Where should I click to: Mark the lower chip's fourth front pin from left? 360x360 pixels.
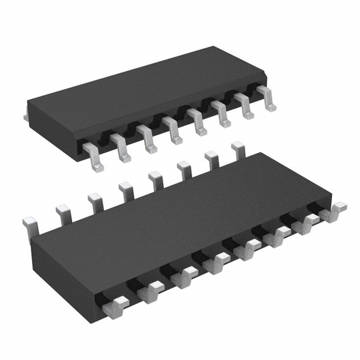218,262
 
